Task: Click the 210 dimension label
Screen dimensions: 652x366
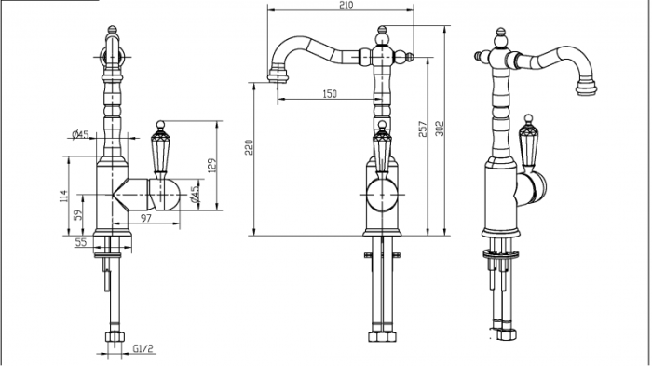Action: click(346, 5)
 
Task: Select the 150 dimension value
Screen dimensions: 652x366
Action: click(330, 94)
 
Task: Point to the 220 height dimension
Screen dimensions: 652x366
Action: click(249, 147)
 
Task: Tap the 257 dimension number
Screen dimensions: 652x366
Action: click(423, 129)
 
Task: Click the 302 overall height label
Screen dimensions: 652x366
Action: click(440, 129)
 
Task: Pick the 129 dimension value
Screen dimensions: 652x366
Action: click(212, 166)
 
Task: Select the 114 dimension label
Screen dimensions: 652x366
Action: click(63, 197)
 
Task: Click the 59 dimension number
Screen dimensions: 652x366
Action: click(78, 214)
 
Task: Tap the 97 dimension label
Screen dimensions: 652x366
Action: click(145, 218)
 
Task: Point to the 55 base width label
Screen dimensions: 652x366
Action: click(81, 242)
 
